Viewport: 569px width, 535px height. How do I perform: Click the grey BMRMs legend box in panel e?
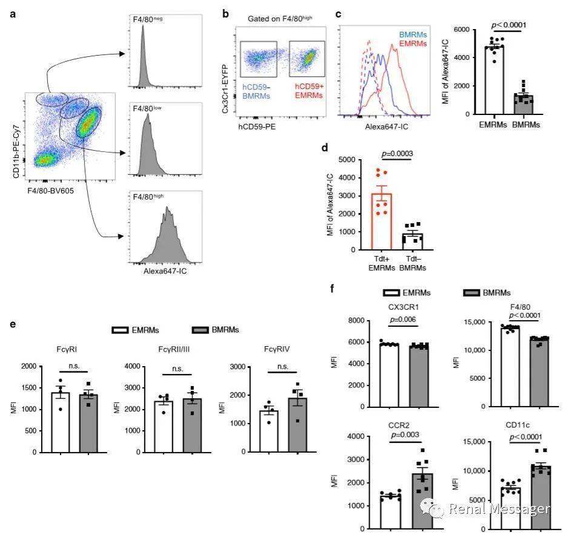(x=202, y=330)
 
